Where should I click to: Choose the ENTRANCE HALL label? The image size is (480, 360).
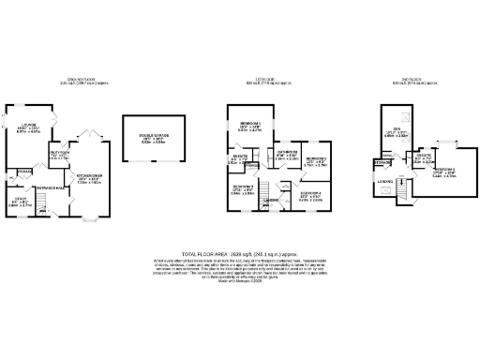[x=48, y=187]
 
